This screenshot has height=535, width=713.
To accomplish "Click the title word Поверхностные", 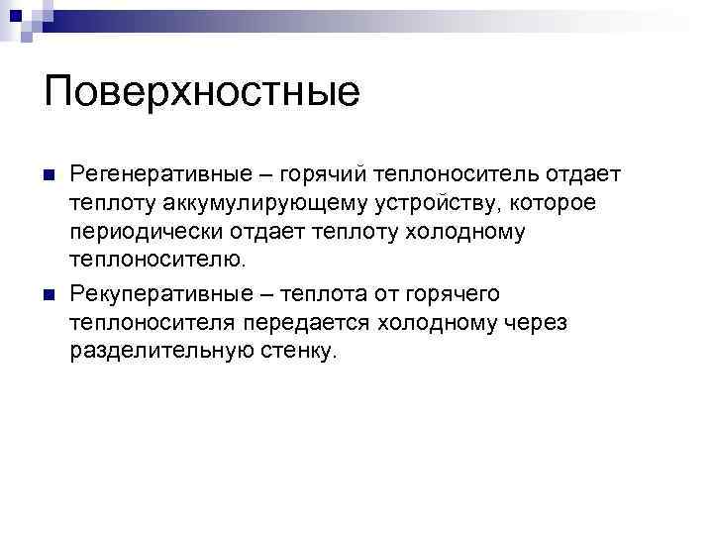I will click(202, 93).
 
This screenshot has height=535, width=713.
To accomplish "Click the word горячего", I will click(452, 295).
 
